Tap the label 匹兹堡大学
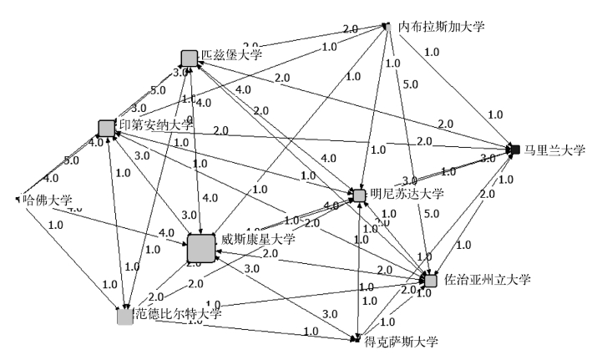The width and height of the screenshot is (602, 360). click(230, 55)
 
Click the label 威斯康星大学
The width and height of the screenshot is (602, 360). click(257, 240)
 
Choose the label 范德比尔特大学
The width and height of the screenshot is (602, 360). click(177, 314)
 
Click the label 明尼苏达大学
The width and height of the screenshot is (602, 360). click(407, 194)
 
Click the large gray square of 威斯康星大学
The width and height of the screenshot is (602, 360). click(201, 248)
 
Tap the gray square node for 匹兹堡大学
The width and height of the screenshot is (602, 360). click(190, 58)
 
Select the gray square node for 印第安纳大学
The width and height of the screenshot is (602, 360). click(106, 128)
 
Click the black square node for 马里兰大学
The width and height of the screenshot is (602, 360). click(515, 150)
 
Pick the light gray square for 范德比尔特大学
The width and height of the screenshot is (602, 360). click(125, 316)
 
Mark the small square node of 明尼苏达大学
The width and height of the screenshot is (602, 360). click(359, 195)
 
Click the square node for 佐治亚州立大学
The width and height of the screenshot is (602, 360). click(431, 280)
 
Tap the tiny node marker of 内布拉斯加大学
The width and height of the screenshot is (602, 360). click(387, 27)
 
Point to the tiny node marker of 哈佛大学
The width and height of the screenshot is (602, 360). click(17, 200)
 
